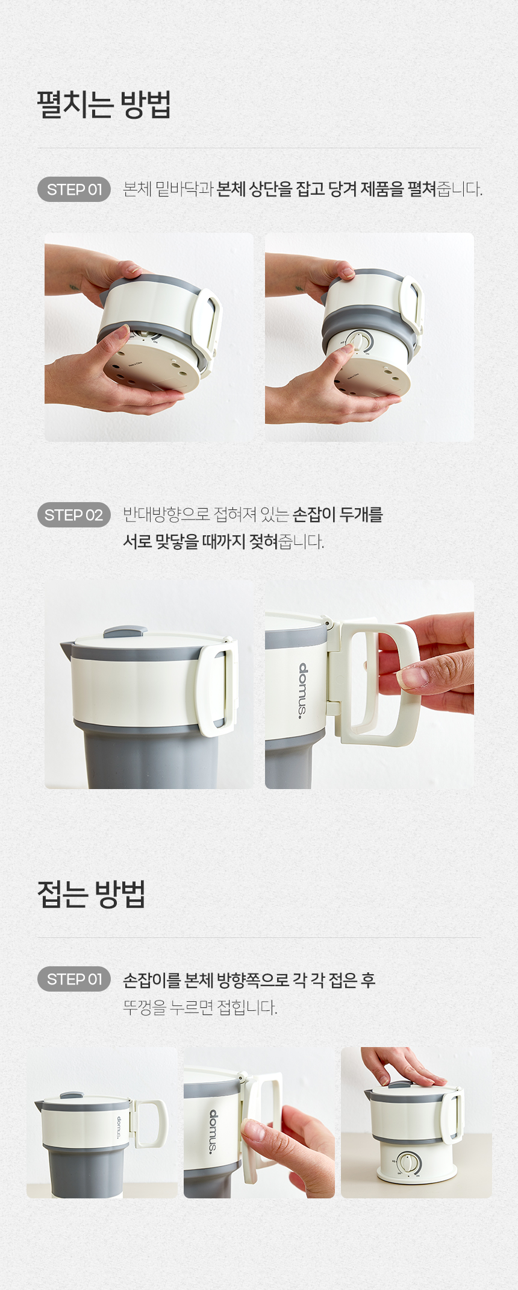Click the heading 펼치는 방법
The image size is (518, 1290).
[104, 105]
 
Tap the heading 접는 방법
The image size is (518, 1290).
[92, 894]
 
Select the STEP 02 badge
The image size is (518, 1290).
[74, 515]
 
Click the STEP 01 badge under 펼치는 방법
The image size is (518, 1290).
[74, 189]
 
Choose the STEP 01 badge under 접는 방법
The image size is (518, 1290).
[74, 979]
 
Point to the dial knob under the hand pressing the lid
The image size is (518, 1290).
[408, 1162]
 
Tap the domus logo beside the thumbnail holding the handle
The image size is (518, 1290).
[303, 690]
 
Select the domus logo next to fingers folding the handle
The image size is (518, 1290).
[214, 1131]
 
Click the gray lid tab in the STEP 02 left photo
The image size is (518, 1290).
[125, 632]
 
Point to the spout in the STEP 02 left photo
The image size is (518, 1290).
[66, 649]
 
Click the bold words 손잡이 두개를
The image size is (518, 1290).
[337, 515]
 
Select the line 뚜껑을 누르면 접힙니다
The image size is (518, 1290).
[200, 1007]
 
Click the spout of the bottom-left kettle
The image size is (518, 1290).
[39, 1105]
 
